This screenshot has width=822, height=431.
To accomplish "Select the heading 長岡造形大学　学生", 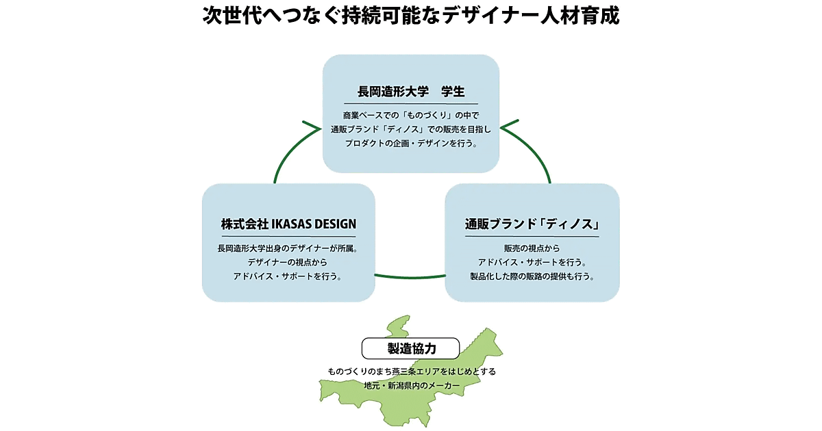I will (x=411, y=92).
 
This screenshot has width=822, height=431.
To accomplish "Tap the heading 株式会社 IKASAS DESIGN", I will (x=288, y=224).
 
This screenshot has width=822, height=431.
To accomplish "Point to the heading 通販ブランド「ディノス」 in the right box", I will (x=532, y=224).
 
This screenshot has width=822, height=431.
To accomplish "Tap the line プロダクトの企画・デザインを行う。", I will (x=411, y=144).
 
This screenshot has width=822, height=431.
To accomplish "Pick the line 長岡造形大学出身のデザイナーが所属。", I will (x=288, y=248).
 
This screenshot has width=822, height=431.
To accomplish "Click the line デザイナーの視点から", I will (x=288, y=263).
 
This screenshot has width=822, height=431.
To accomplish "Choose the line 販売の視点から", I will (x=532, y=248).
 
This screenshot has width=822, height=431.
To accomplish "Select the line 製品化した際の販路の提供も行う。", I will (x=532, y=278).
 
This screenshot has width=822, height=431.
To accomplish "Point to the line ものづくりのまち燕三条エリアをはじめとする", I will (x=411, y=371).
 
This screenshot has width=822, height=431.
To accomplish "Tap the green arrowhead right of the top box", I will (x=511, y=127).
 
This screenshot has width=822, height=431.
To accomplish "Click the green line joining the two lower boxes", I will (x=410, y=277).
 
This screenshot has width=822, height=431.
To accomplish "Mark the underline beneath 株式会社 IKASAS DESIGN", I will (x=288, y=236).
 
